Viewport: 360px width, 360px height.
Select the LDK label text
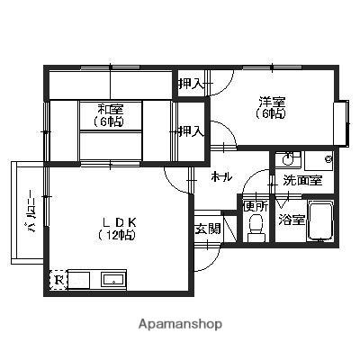120,222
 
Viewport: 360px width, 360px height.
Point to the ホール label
221,177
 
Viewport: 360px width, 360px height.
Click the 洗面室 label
302,180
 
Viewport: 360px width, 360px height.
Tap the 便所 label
256,206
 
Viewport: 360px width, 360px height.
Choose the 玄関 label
208,229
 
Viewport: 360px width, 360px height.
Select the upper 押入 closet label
192,84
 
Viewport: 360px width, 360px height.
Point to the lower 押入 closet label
192,131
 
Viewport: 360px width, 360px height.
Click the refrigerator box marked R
58,280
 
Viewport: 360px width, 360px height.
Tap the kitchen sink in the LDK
113,281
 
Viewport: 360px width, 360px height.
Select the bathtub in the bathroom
320,220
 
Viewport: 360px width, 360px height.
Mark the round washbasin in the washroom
287,158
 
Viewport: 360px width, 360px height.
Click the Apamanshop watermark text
180,324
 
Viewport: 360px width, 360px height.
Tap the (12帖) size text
116,235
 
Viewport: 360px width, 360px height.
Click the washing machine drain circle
328,159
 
